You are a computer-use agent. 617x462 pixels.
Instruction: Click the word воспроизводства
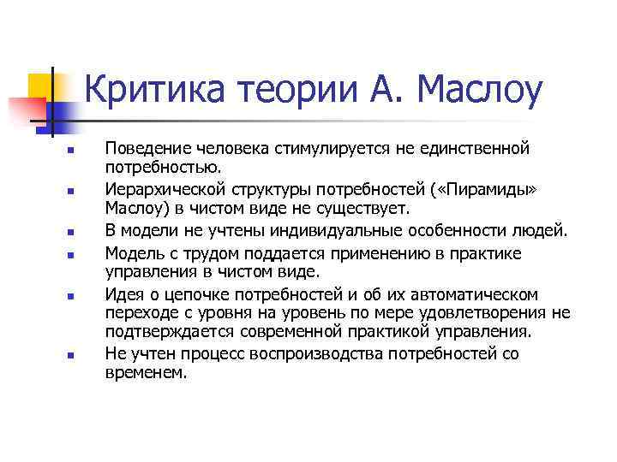coord(318,353)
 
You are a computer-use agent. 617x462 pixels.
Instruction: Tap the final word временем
coord(145,373)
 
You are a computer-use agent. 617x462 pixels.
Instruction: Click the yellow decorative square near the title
coord(39,86)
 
